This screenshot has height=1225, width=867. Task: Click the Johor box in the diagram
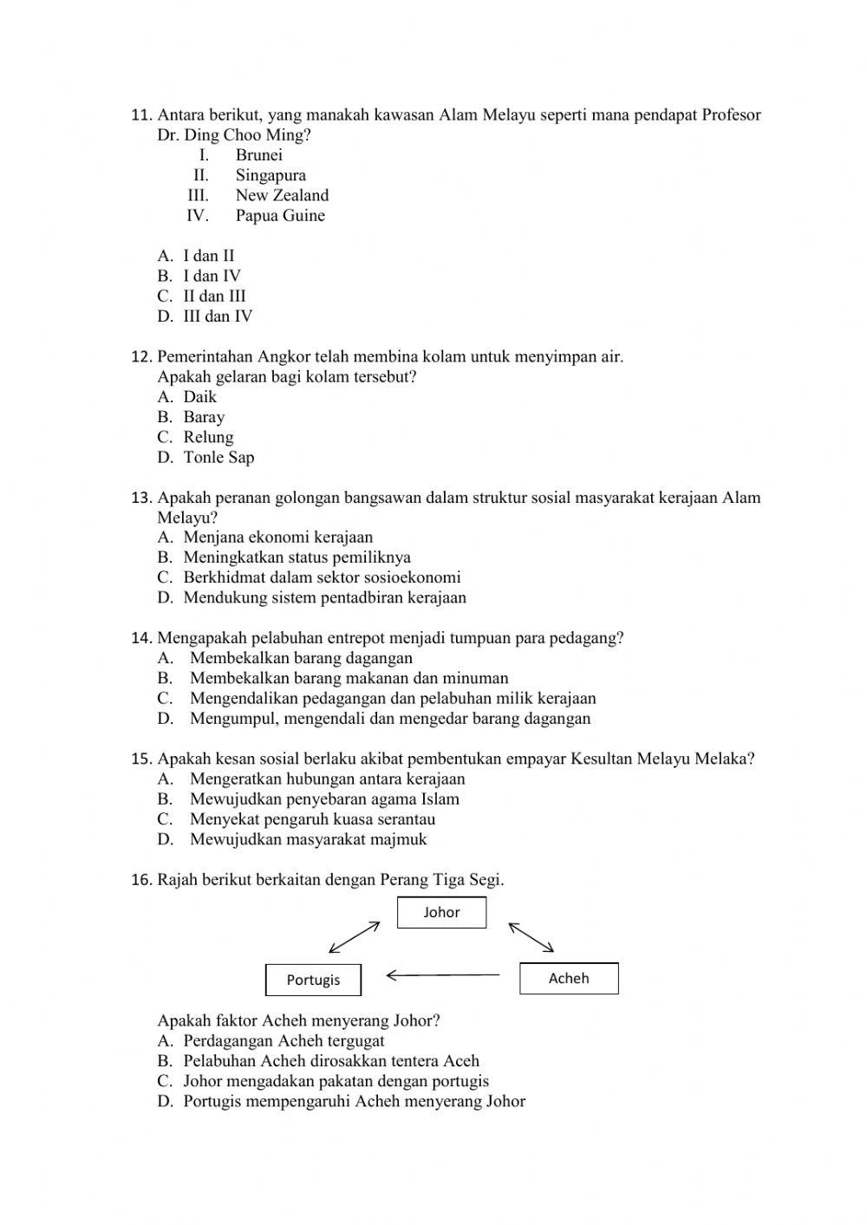pyautogui.click(x=441, y=912)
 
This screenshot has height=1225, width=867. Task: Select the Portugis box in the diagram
pyautogui.click(x=313, y=980)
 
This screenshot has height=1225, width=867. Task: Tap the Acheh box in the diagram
pyautogui.click(x=569, y=978)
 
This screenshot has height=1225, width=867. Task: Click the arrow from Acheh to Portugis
pyautogui.click(x=442, y=975)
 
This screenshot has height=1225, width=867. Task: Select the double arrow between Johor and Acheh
pyautogui.click(x=531, y=937)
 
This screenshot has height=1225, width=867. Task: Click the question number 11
pyautogui.click(x=141, y=115)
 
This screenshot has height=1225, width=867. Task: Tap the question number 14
pyautogui.click(x=141, y=638)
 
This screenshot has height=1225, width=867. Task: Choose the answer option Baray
pyautogui.click(x=204, y=417)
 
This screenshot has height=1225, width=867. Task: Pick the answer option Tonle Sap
pyautogui.click(x=218, y=457)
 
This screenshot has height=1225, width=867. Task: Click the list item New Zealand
pyautogui.click(x=282, y=195)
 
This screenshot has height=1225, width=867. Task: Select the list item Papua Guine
pyautogui.click(x=280, y=215)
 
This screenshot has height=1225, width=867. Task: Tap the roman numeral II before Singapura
pyautogui.click(x=200, y=175)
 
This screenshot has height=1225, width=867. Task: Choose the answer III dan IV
pyautogui.click(x=218, y=316)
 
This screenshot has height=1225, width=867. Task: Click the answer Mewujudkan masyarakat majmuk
pyautogui.click(x=308, y=839)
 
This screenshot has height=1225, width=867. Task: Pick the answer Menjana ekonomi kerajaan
pyautogui.click(x=277, y=537)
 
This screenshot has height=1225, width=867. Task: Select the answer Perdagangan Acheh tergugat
pyautogui.click(x=284, y=1040)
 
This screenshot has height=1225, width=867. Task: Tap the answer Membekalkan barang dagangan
pyautogui.click(x=301, y=658)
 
